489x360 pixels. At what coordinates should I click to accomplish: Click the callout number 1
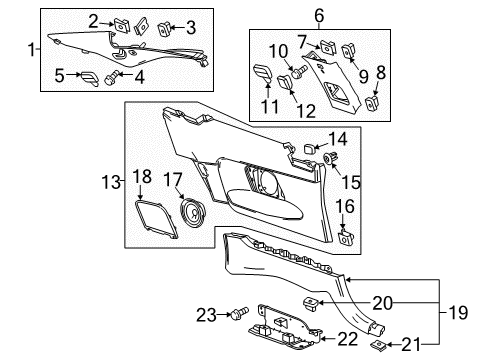pyautogui.click(x=29, y=48)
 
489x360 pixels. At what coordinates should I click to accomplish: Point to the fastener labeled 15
pyautogui.click(x=326, y=160)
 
